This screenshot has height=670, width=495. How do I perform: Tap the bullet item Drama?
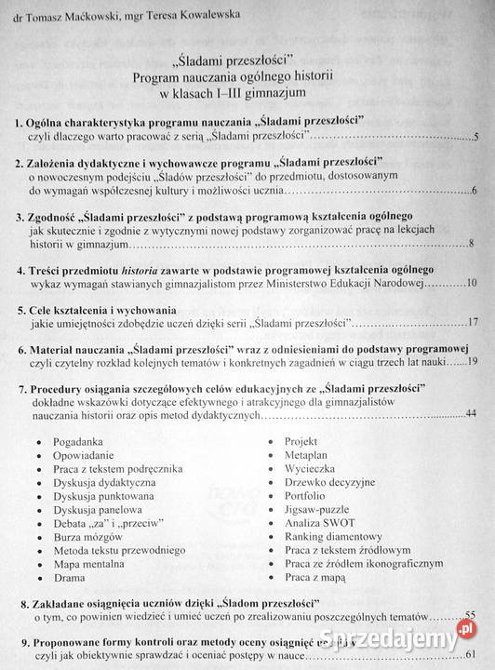(x=72, y=577)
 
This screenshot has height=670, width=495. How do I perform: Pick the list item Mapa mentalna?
(x=93, y=564)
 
